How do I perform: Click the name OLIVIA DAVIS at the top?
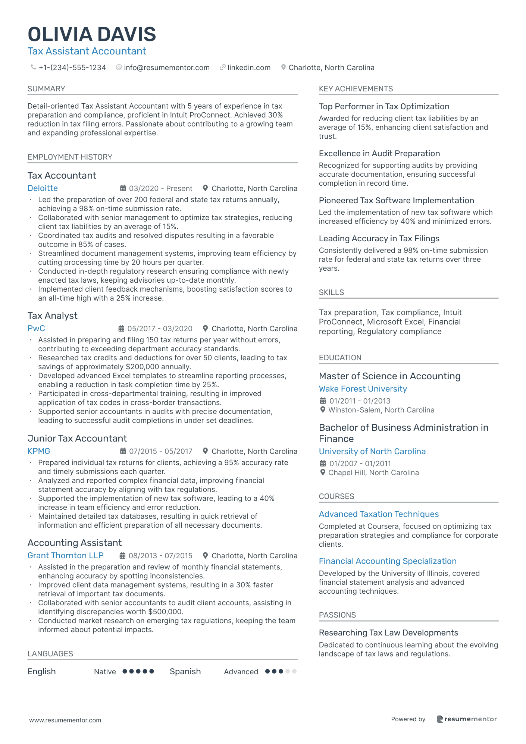92,34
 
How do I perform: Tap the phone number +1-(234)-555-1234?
72,68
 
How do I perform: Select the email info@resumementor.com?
166,68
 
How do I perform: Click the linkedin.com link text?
249,68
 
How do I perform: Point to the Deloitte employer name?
43,188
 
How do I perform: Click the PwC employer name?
36,329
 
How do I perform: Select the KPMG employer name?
39,451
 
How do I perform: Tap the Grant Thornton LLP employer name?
65,556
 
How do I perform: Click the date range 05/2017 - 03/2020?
160,329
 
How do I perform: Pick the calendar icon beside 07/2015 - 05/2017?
123,451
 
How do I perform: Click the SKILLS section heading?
331,292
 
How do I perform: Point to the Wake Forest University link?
363,389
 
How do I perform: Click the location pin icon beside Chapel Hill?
323,473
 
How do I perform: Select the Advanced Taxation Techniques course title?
379,514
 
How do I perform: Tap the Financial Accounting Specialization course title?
388,561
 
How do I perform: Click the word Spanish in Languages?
185,672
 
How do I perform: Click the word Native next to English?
105,672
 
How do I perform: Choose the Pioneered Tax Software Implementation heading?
396,201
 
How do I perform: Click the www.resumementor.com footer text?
65,720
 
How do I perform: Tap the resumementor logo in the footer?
467,719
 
